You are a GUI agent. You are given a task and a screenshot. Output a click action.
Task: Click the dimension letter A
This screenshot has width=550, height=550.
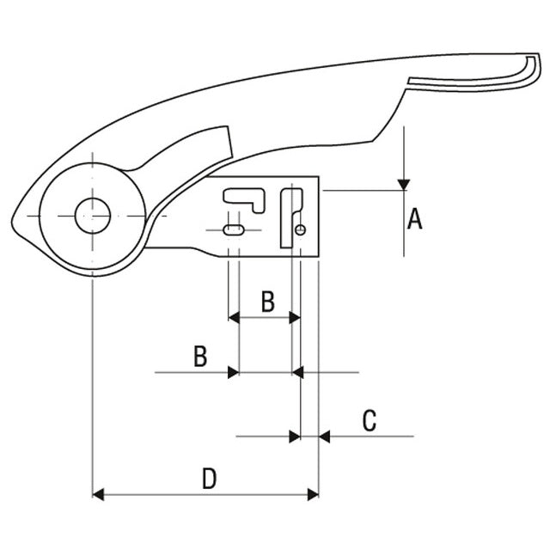[x=414, y=220]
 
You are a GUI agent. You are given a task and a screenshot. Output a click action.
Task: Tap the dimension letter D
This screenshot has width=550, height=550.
[x=209, y=478]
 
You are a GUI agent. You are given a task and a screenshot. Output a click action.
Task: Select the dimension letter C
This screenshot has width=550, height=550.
[x=369, y=421]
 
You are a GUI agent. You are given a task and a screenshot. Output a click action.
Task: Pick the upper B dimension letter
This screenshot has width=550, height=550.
[x=267, y=302]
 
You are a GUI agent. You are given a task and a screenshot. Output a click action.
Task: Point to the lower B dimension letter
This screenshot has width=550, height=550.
[x=199, y=357]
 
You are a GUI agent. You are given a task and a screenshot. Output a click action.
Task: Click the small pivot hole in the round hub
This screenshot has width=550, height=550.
[x=92, y=215]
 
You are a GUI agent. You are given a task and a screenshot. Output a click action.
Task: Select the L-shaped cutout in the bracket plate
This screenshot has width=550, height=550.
[x=245, y=197]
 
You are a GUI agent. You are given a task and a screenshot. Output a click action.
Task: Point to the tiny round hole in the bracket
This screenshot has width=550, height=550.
[x=300, y=229]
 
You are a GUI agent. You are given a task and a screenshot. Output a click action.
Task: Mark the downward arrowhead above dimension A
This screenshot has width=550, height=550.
[x=404, y=184]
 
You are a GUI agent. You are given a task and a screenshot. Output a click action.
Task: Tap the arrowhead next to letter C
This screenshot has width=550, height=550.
[x=325, y=437]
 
